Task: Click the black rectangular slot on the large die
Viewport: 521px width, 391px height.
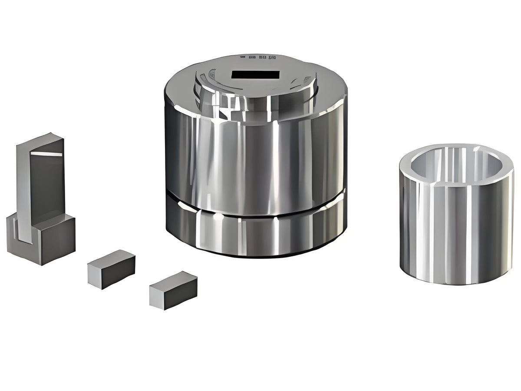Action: pyautogui.click(x=255, y=75)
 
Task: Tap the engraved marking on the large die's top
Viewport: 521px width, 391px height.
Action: pyautogui.click(x=258, y=57)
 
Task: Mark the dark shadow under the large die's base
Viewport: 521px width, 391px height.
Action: pyautogui.click(x=256, y=256)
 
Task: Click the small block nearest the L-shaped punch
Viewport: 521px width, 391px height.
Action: pyautogui.click(x=112, y=269)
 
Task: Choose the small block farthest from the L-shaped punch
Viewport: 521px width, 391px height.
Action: pyautogui.click(x=173, y=290)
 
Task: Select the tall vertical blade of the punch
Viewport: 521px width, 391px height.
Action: pyautogui.click(x=43, y=182)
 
